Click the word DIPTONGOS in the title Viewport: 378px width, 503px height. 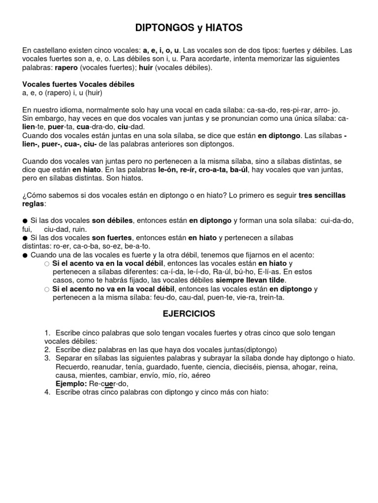pos(162,29)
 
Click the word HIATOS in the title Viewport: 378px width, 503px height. pos(224,29)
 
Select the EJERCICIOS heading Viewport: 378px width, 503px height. pos(189,313)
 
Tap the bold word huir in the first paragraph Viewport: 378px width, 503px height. pos(146,67)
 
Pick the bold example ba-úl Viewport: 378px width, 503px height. pos(240,169)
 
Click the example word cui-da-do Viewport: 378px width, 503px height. pos(337,221)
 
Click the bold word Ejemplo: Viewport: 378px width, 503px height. pos(71,384)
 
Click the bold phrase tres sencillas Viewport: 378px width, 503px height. pos(322,196)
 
